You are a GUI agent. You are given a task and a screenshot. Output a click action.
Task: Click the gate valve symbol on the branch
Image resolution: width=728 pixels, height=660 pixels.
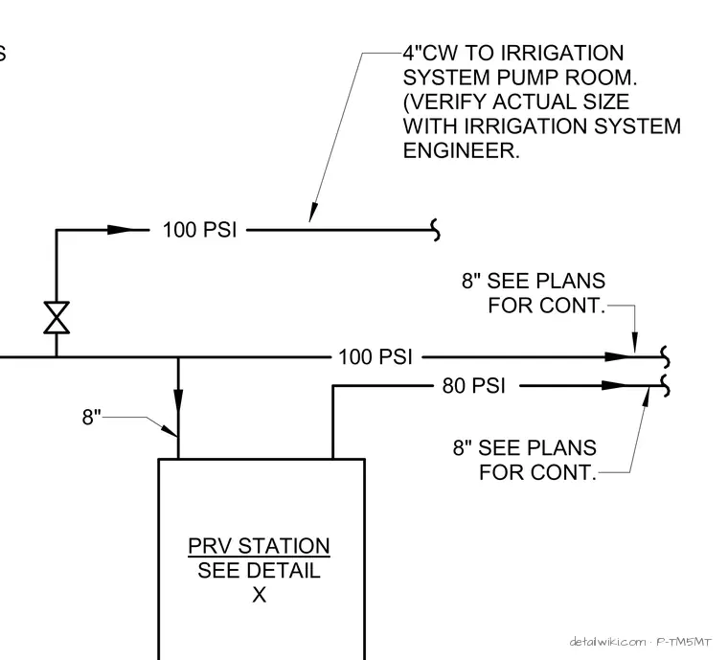point(57,317)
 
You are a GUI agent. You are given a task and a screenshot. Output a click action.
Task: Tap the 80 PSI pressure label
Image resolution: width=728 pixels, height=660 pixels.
point(473,386)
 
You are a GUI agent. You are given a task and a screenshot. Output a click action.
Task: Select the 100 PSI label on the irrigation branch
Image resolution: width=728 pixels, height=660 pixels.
point(199,230)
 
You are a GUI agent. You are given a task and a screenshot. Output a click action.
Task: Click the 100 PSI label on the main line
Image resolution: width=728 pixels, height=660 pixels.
point(375,357)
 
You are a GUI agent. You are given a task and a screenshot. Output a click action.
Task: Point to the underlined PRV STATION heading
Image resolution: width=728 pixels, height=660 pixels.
point(259,546)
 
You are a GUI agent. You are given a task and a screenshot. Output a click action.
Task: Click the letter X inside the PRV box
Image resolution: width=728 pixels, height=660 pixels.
point(259,595)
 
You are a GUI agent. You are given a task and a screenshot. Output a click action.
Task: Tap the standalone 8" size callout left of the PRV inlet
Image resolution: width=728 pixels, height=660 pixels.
point(91,417)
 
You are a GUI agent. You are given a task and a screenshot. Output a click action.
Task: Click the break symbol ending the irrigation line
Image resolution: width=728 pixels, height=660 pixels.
point(436,230)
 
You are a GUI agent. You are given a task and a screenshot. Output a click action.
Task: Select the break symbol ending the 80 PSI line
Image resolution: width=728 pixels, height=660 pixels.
point(665,386)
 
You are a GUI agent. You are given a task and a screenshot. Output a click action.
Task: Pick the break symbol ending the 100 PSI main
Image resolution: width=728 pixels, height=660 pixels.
point(665,357)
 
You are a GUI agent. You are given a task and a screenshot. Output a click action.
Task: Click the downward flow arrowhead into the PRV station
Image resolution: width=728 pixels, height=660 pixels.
point(178,401)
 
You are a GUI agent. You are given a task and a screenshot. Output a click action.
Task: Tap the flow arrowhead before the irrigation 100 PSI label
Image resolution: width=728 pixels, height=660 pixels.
point(120,230)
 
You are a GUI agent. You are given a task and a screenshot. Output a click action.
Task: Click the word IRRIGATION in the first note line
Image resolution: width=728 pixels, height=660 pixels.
point(562,53)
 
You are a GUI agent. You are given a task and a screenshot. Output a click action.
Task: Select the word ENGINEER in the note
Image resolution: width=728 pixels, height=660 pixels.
point(461,150)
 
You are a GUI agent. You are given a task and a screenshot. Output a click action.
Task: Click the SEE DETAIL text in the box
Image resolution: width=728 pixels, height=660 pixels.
point(259,570)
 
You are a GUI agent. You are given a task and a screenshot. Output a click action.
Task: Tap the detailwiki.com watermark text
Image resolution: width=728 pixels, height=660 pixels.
point(607,642)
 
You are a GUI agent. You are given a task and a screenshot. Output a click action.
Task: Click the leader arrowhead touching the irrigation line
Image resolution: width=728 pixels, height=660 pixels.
point(313,212)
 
